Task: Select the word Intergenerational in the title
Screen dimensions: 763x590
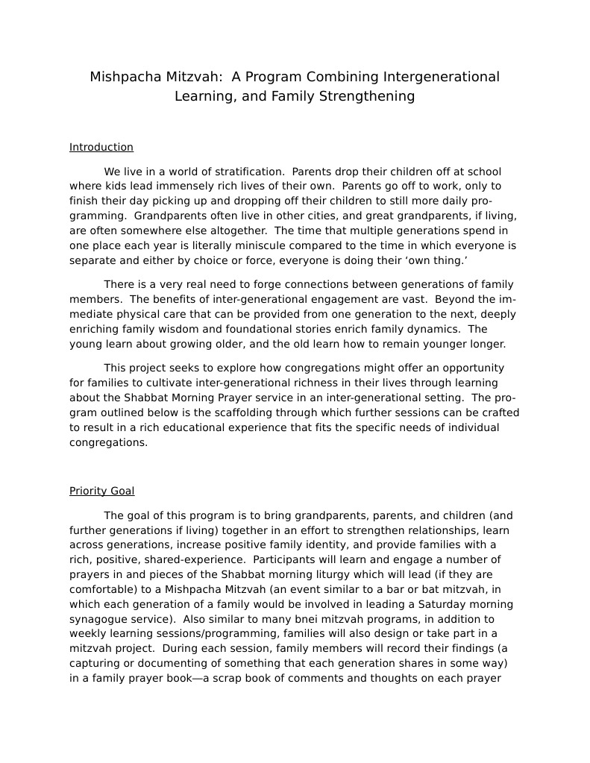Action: (x=441, y=77)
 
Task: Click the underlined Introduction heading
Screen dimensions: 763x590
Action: (x=101, y=147)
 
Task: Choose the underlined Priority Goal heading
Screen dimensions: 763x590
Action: (x=102, y=491)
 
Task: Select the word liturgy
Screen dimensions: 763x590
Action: (x=337, y=574)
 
